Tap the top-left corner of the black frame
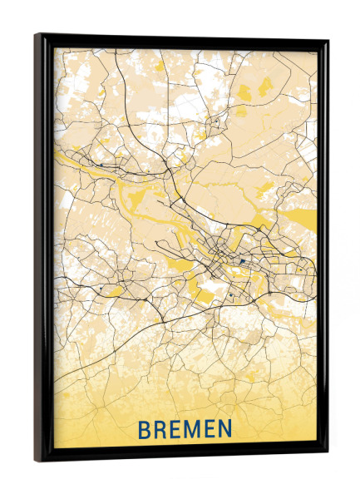pos(37,35)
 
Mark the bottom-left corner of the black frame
pos(36,460)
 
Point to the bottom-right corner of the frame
pos(328,457)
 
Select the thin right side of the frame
pos(325,249)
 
